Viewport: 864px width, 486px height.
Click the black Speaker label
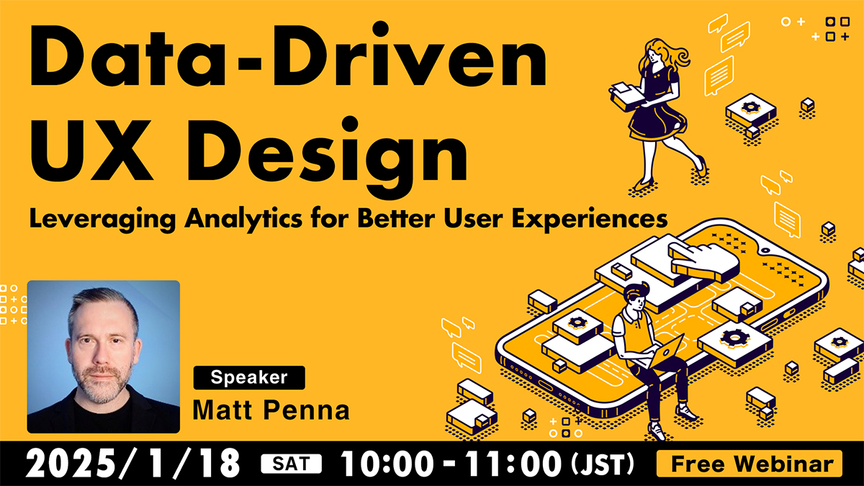coord(249,377)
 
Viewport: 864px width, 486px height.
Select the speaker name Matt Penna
coord(271,410)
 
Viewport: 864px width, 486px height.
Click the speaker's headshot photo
coord(104,357)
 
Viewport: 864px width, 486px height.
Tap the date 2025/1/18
coord(133,463)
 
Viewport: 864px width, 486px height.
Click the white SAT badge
coord(291,464)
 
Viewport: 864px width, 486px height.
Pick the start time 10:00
coord(387,464)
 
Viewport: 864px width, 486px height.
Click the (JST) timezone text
coord(603,464)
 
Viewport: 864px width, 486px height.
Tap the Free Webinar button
coord(749,464)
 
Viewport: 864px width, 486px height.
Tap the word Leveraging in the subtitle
coord(102,220)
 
